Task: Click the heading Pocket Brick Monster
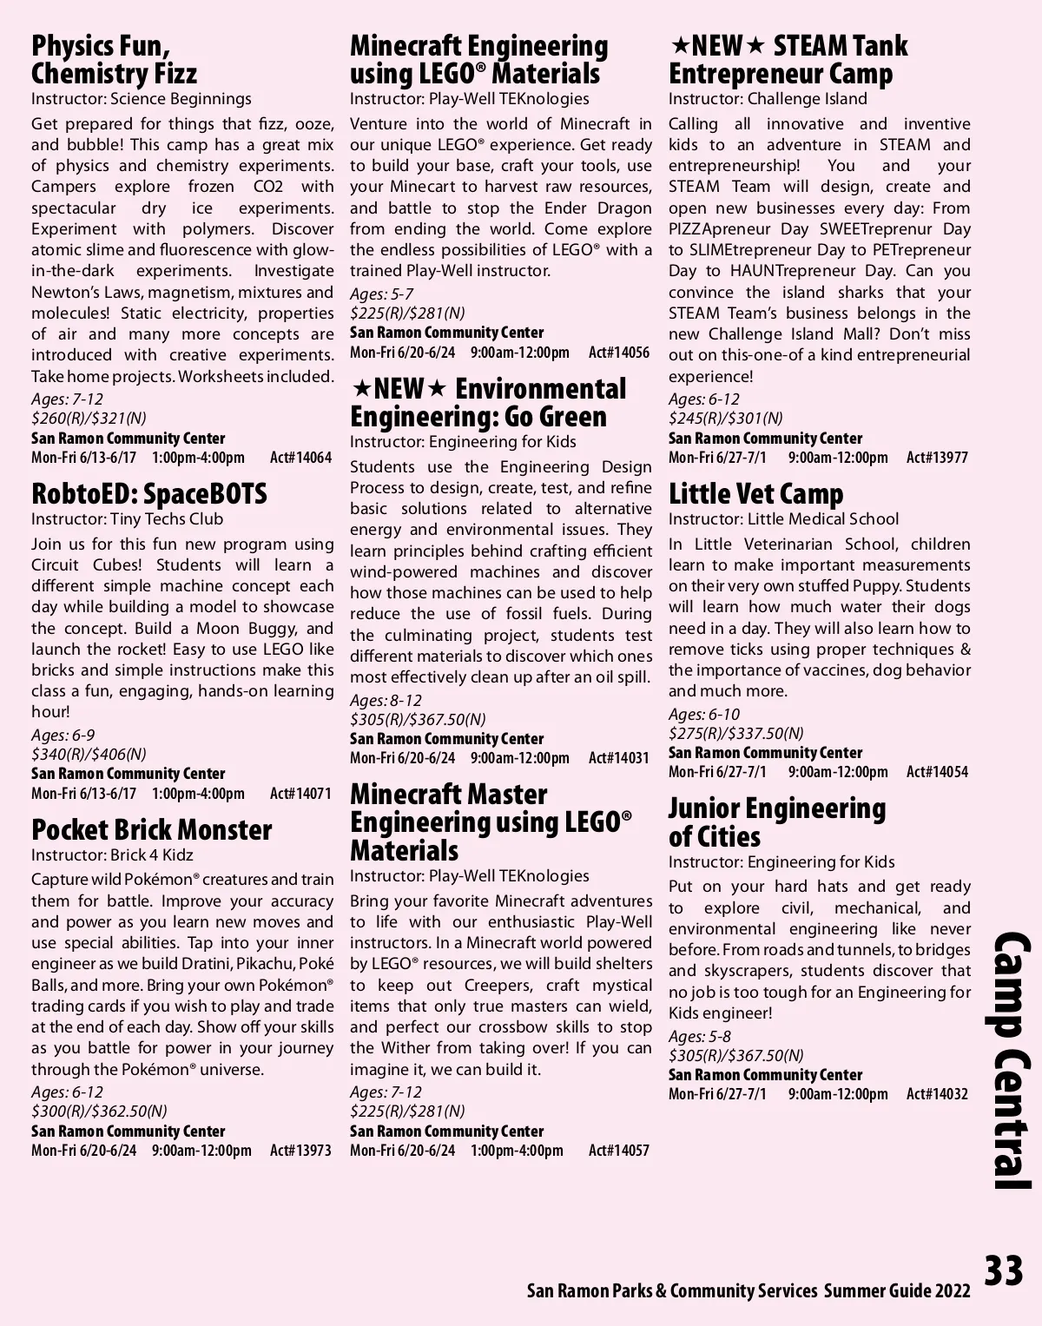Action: pos(151,829)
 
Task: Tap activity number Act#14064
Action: pos(300,458)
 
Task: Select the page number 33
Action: pos(1004,1270)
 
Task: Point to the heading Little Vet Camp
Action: pos(755,494)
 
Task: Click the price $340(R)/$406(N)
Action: pos(89,754)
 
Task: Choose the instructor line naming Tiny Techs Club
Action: pos(127,519)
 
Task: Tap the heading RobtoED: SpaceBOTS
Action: pos(148,494)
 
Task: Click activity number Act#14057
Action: pos(618,1151)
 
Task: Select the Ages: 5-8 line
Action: pos(699,1037)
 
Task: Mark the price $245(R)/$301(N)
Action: pos(725,419)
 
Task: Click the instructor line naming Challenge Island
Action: pos(768,99)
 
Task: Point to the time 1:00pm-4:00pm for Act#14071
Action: pos(198,793)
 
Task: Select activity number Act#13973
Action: pos(300,1151)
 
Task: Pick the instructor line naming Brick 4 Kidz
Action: pos(112,854)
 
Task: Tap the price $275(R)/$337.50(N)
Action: pos(735,734)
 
